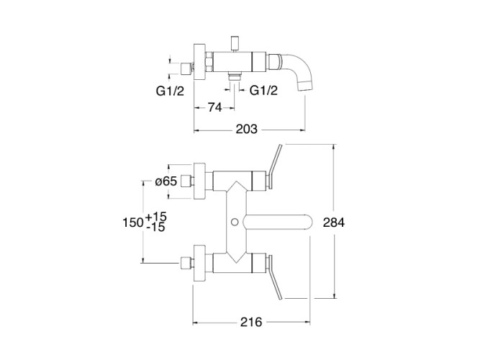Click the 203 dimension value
point(246,130)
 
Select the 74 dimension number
point(215,107)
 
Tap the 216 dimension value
point(251,322)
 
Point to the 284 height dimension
point(334,222)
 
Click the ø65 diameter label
point(166,181)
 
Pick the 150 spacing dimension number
point(133,222)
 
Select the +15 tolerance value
point(156,217)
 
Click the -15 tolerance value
point(156,228)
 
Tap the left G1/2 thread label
point(171,91)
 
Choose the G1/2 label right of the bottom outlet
point(264,91)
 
